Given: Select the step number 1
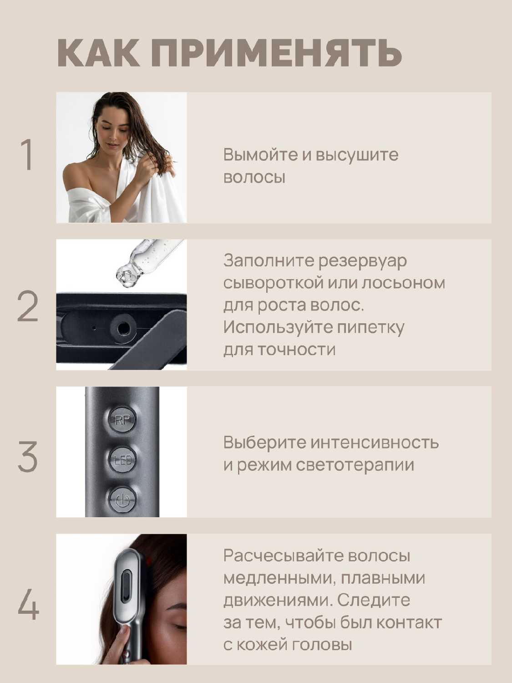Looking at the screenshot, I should pyautogui.click(x=28, y=156).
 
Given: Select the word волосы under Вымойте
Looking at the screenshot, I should pyautogui.click(x=254, y=177).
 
